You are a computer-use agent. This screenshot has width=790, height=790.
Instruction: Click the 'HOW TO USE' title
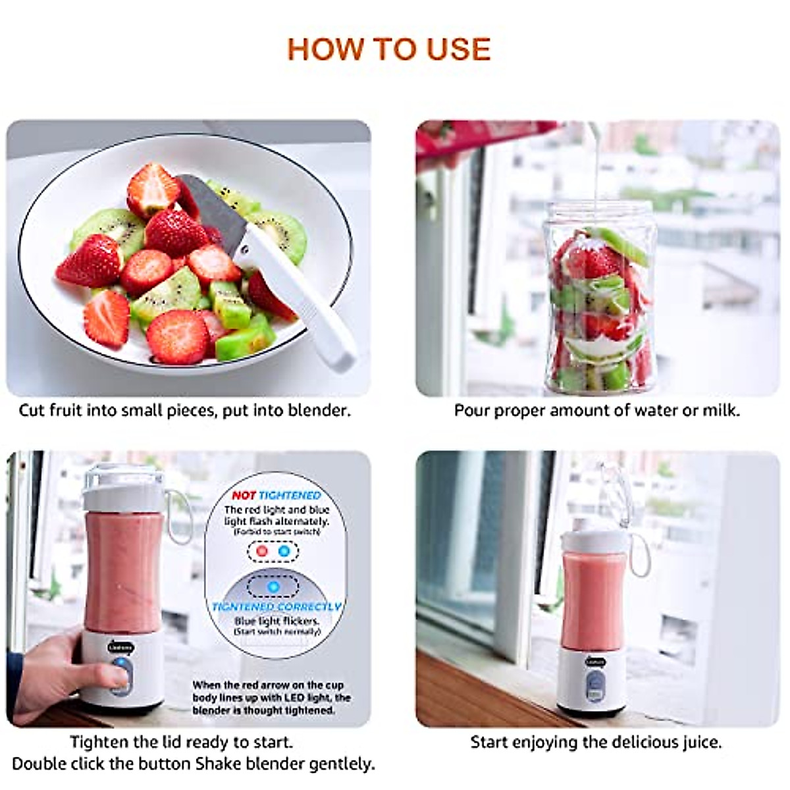pyautogui.click(x=389, y=50)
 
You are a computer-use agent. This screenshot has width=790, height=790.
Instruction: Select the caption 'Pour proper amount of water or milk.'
pyautogui.click(x=596, y=410)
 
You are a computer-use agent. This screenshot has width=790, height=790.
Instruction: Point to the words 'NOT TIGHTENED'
pyautogui.click(x=276, y=495)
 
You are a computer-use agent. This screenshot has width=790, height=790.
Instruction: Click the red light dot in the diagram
pyautogui.click(x=263, y=551)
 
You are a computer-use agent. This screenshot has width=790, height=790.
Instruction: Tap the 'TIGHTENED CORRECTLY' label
pyautogui.click(x=276, y=606)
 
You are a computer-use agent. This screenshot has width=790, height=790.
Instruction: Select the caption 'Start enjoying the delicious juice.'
pyautogui.click(x=596, y=742)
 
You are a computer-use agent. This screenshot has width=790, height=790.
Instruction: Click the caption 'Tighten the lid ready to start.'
pyautogui.click(x=182, y=742)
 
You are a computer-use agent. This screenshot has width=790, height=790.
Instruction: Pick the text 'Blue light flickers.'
pyautogui.click(x=276, y=621)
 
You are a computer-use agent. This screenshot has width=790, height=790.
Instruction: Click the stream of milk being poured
pyautogui.click(x=596, y=171)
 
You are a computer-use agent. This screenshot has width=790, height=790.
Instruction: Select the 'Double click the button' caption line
pyautogui.click(x=102, y=764)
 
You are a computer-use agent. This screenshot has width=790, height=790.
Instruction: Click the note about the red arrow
pyautogui.click(x=271, y=698)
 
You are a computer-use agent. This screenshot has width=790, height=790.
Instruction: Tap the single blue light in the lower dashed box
pyautogui.click(x=273, y=585)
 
